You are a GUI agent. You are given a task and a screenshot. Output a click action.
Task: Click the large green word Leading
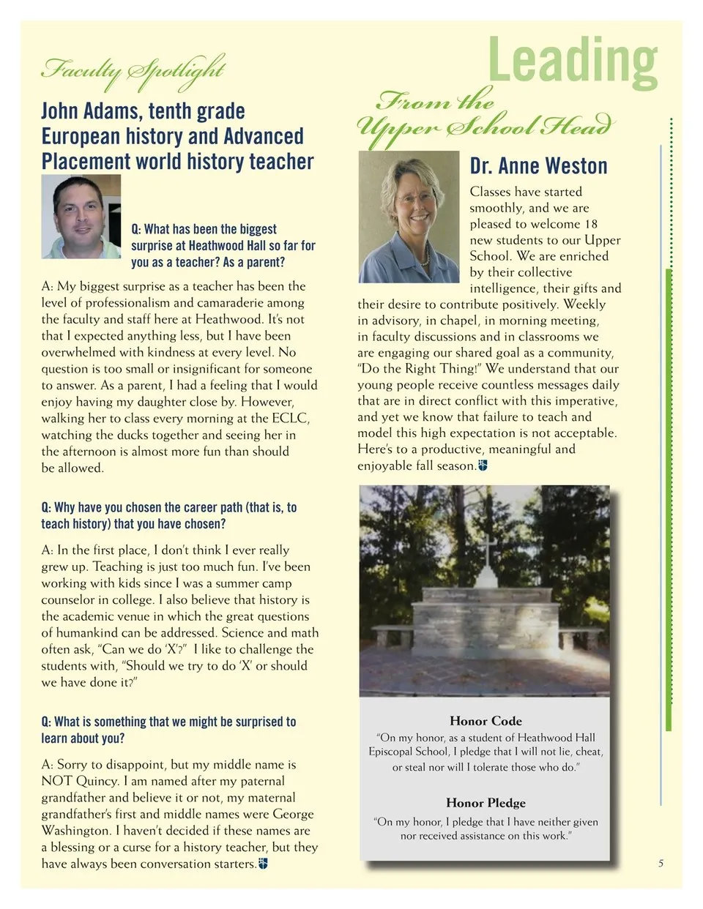(573, 61)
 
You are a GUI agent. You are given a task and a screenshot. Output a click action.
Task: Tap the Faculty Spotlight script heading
(133, 70)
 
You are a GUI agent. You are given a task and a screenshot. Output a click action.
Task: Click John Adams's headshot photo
(81, 217)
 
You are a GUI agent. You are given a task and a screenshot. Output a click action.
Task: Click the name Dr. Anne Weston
(538, 166)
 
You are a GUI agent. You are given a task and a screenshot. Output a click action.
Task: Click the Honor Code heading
(486, 721)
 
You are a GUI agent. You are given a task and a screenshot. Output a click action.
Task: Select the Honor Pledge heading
(486, 803)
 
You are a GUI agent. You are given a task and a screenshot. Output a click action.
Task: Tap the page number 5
(661, 864)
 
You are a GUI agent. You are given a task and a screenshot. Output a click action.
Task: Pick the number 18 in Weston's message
(591, 224)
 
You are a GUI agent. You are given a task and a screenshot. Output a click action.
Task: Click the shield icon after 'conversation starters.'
(264, 864)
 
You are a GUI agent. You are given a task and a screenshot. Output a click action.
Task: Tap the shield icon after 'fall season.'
(483, 465)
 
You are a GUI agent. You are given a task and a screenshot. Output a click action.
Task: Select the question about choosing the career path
(169, 515)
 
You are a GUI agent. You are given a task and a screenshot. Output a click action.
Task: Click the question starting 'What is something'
(168, 730)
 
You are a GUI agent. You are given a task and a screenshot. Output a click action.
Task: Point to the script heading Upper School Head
(483, 127)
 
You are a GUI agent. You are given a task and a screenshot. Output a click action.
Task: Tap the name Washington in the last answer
(75, 831)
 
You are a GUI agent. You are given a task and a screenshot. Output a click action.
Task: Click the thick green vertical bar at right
(668, 498)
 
